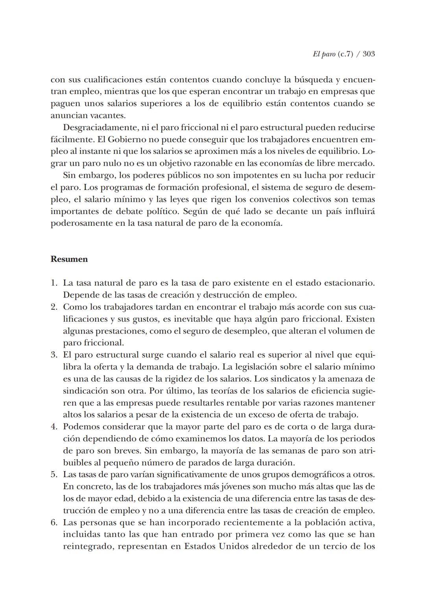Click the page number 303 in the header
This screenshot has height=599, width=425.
368,54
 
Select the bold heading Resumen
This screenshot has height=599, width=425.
69,259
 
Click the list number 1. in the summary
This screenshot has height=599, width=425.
54,283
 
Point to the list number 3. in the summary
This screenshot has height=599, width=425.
54,355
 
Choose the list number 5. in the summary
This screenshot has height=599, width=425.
54,474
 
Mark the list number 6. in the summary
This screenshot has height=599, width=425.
54,522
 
